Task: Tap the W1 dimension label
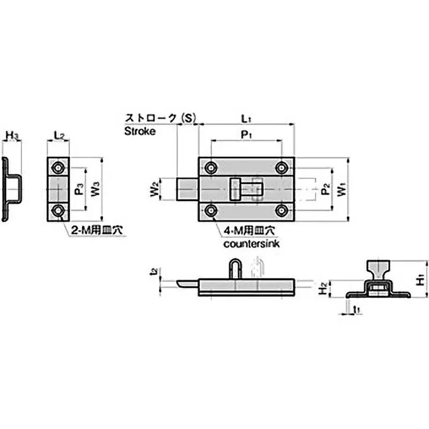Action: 341,190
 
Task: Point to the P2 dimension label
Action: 324,190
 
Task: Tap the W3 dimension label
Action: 95,190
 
